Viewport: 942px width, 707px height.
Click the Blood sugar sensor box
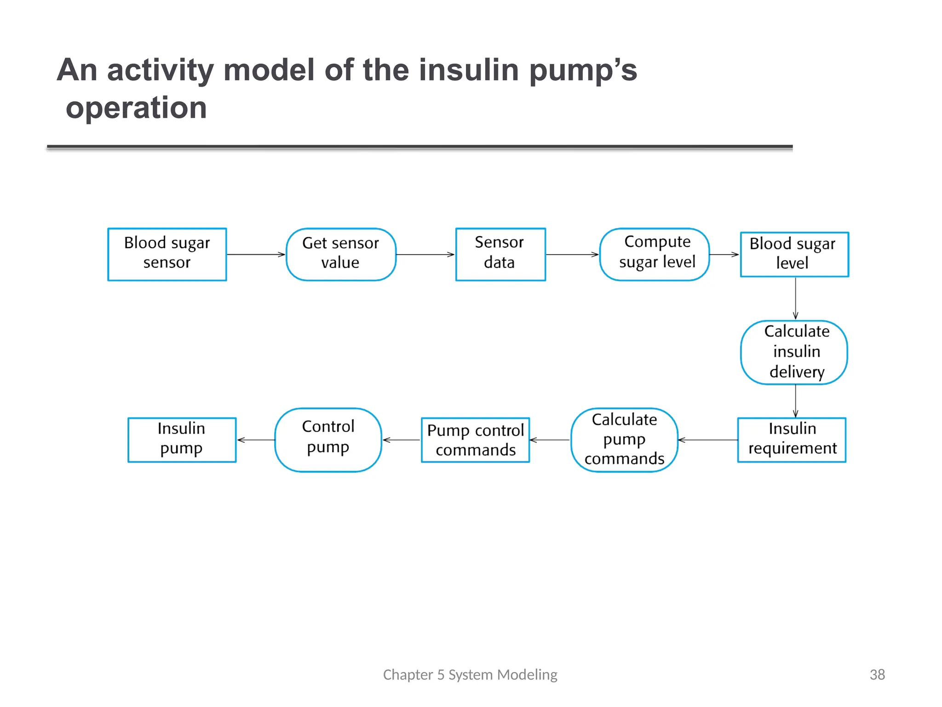167,254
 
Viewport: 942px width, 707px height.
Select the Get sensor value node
341,254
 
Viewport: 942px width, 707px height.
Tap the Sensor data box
500,254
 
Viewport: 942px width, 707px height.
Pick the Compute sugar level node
655,254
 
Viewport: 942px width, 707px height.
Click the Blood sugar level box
794,254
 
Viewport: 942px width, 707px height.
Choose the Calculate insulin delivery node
794,352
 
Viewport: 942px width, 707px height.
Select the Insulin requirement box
792,440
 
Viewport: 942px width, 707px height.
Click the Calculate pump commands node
624,440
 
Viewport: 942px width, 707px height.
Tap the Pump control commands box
475,440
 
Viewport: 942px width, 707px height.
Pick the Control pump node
328,440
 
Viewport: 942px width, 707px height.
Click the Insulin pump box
182,440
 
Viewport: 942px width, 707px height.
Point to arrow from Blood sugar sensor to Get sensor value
256,254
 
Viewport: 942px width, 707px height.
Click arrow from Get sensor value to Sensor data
425,254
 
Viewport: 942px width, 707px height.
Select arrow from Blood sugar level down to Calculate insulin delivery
795,298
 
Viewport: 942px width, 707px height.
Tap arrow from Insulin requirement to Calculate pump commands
708,440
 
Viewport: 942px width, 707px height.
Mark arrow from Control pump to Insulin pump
256,440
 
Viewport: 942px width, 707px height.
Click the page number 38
877,674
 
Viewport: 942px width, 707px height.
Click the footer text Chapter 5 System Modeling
470,674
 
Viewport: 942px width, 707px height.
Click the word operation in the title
136,108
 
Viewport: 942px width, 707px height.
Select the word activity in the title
160,70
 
